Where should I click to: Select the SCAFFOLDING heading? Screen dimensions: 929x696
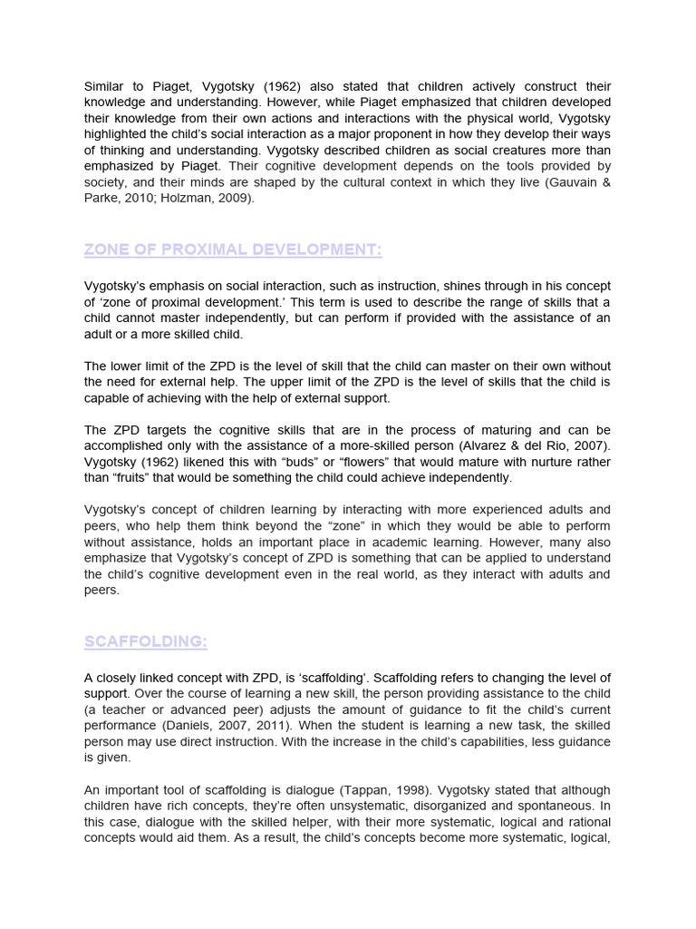[145, 642]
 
